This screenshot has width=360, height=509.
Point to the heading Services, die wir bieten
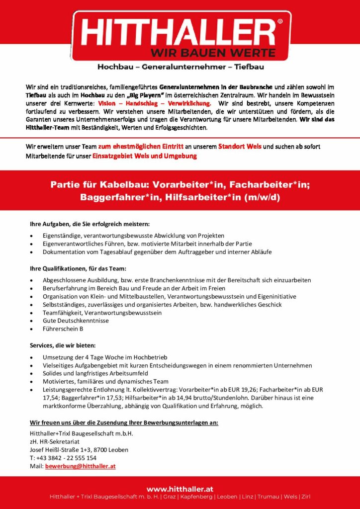(x=63, y=345)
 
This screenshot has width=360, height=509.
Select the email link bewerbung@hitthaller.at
(x=80, y=467)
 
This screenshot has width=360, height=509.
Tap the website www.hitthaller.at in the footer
(x=180, y=489)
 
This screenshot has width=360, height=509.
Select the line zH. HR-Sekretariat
(x=54, y=441)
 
